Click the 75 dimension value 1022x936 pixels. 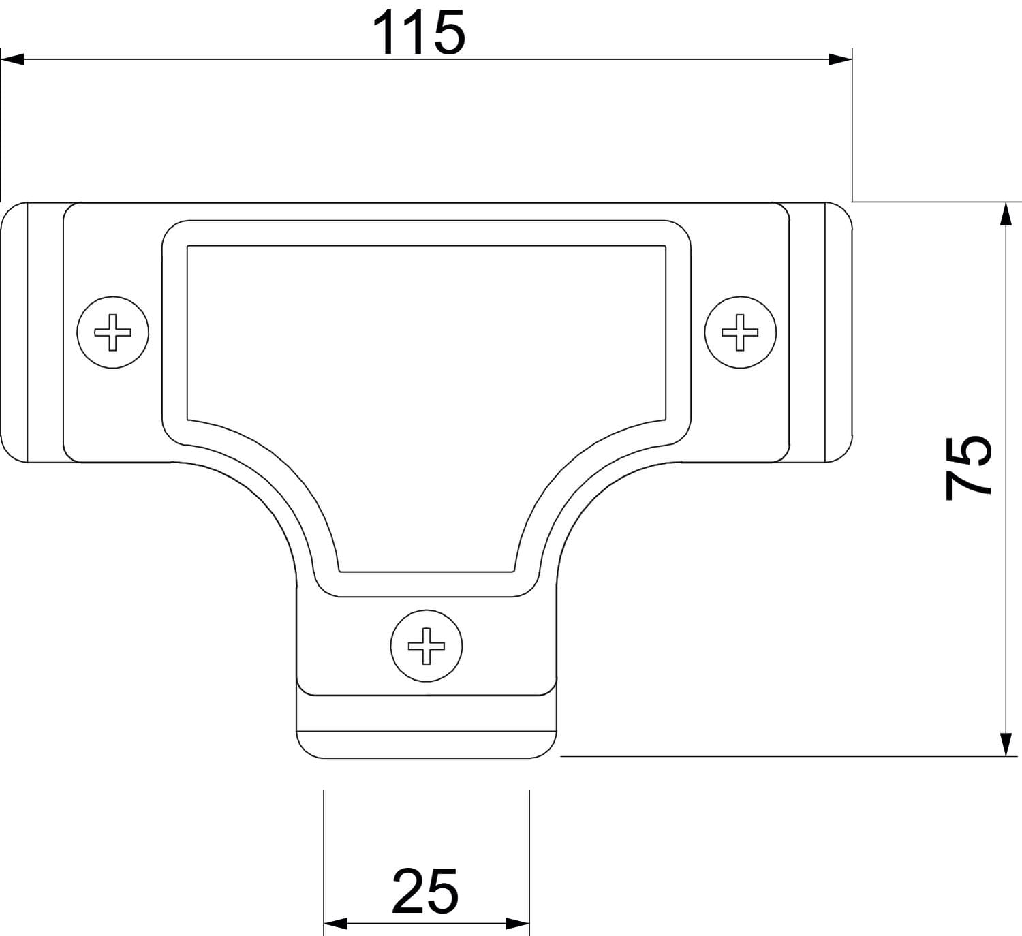(968, 467)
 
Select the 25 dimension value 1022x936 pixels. (425, 890)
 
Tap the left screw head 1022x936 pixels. (112, 332)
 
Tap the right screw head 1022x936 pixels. (740, 332)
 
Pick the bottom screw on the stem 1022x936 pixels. (427, 646)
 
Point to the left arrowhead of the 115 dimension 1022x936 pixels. (12, 59)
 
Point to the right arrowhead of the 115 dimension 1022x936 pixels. (840, 59)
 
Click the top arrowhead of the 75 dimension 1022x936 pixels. (1006, 214)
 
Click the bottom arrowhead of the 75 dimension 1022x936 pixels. (1006, 745)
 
